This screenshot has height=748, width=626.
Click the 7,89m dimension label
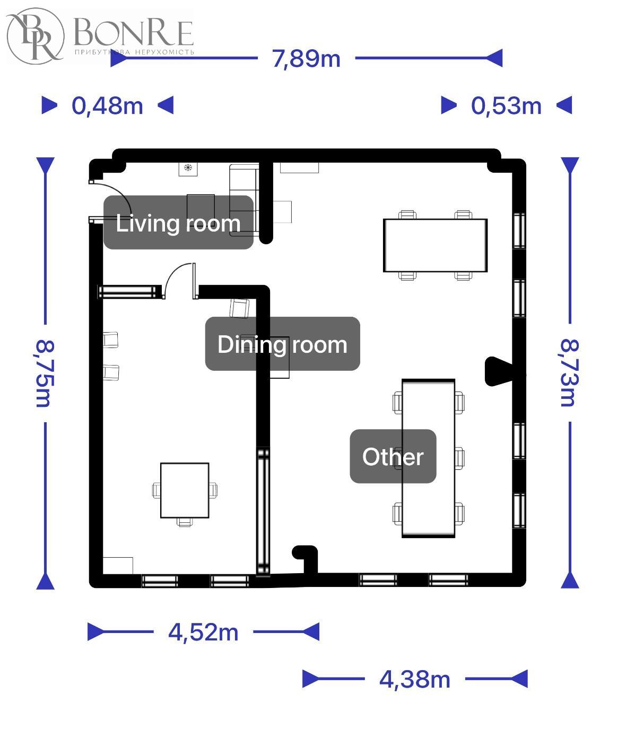[306, 58]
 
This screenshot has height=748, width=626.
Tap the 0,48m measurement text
[107, 105]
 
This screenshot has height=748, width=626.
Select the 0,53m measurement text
[506, 105]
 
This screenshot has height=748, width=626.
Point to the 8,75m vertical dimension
[45, 373]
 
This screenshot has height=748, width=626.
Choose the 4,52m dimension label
[203, 633]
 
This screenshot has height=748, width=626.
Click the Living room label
[178, 223]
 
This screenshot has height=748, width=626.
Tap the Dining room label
[282, 344]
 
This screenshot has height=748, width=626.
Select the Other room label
[393, 457]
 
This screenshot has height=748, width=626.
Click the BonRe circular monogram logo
[35, 36]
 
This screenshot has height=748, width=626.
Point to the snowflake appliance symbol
[188, 167]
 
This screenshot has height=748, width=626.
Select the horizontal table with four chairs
[435, 245]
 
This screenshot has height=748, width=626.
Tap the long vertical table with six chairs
[428, 459]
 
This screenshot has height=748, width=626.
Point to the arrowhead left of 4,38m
[311, 679]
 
